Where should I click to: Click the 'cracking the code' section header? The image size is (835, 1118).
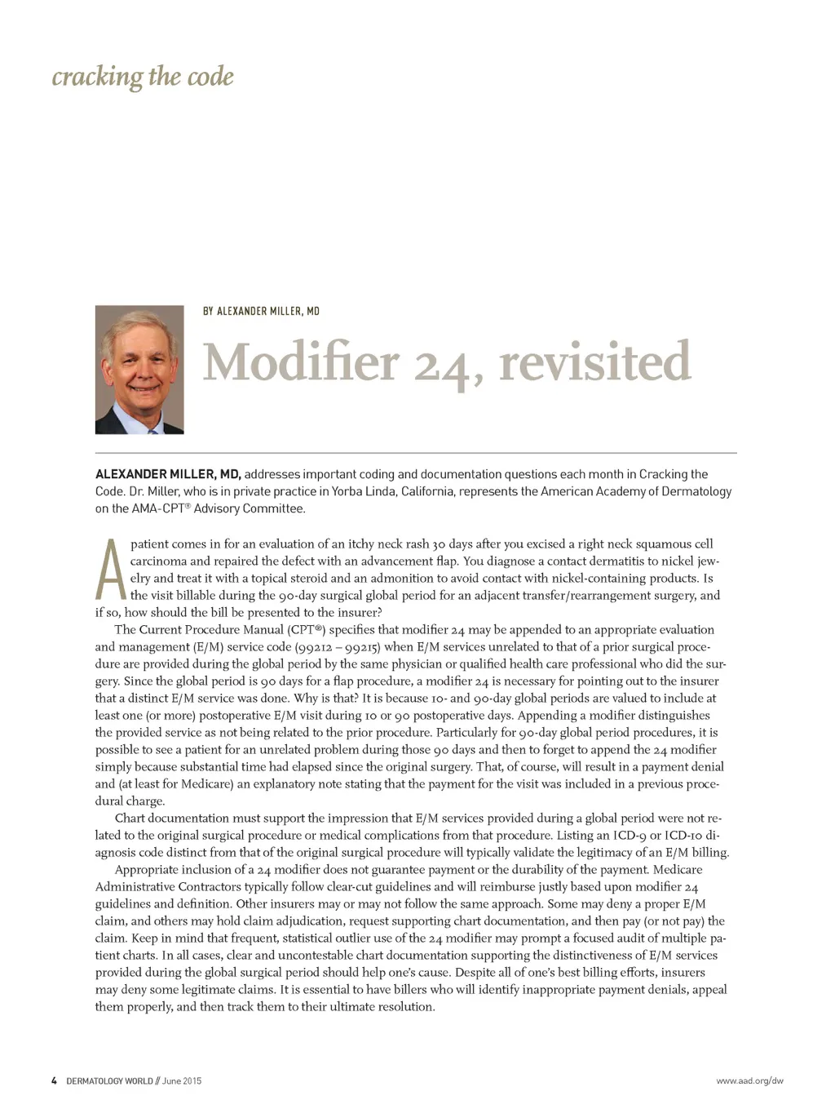(x=143, y=77)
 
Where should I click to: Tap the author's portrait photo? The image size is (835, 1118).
(x=139, y=370)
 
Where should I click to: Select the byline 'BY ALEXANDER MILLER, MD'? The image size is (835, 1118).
(x=261, y=311)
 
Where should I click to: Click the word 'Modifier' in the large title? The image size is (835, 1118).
(x=300, y=362)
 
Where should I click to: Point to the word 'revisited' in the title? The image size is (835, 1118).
(x=594, y=362)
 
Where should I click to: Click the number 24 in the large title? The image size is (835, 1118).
(x=441, y=365)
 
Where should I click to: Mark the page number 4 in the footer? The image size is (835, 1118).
(x=54, y=1081)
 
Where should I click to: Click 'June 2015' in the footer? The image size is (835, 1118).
(x=181, y=1081)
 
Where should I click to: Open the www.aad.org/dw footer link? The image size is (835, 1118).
(x=749, y=1081)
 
